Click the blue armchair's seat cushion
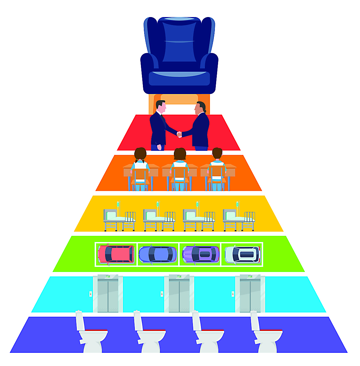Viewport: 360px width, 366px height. [179, 78]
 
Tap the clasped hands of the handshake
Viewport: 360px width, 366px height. [179, 134]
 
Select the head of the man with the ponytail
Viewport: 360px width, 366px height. [200, 108]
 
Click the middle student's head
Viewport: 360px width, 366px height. [180, 154]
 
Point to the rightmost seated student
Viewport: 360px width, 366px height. [217, 168]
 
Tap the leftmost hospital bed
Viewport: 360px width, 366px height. [119, 219]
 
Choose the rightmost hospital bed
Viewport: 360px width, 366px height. [239, 219]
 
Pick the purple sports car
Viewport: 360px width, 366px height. [201, 254]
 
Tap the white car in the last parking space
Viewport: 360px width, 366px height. [242, 254]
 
